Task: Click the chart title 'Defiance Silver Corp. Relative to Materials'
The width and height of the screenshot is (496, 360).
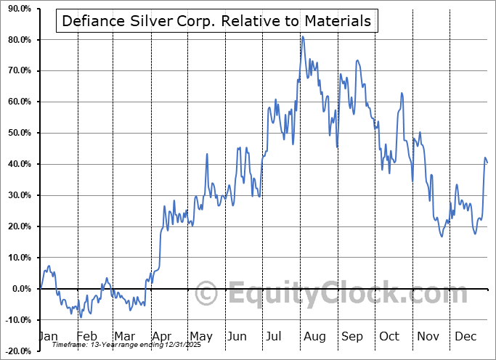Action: point(216,21)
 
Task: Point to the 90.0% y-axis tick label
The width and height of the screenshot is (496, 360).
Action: point(17,9)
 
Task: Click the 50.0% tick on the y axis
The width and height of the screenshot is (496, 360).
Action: point(17,133)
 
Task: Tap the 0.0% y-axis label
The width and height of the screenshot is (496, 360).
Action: point(20,289)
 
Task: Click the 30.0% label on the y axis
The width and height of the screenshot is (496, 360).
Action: point(17,195)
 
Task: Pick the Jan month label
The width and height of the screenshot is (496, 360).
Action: point(47,336)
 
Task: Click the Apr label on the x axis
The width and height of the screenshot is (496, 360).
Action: point(162,336)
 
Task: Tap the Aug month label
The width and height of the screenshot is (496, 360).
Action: point(314,336)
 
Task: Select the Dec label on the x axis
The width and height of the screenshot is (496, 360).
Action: point(465,336)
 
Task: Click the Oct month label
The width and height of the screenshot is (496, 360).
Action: point(390,336)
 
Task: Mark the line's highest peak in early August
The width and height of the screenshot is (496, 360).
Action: point(302,36)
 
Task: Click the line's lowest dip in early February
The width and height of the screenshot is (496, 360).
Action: point(81,317)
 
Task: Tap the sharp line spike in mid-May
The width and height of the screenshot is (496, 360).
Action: point(207,154)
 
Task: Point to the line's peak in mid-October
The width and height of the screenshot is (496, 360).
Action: point(401,93)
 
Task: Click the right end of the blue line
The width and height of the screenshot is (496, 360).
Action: point(487,162)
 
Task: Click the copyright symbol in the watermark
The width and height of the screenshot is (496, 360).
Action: point(207,295)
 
